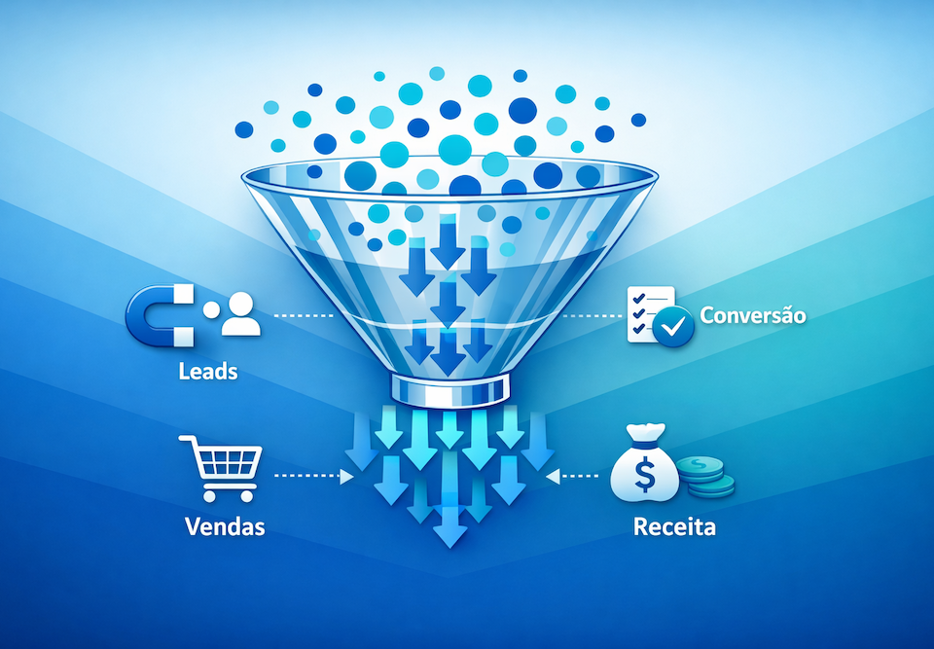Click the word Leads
pyautogui.click(x=208, y=371)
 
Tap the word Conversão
pyautogui.click(x=753, y=315)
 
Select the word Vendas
pyautogui.click(x=225, y=526)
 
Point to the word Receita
pyautogui.click(x=674, y=527)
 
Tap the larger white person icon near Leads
pyautogui.click(x=241, y=314)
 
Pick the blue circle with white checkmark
pyautogui.click(x=674, y=328)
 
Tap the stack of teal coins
pyautogui.click(x=706, y=476)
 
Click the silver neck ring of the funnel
pyautogui.click(x=449, y=388)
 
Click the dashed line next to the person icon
pyautogui.click(x=303, y=315)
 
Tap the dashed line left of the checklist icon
pyautogui.click(x=592, y=315)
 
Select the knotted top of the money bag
pyautogui.click(x=644, y=431)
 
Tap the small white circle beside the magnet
pyautogui.click(x=210, y=310)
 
